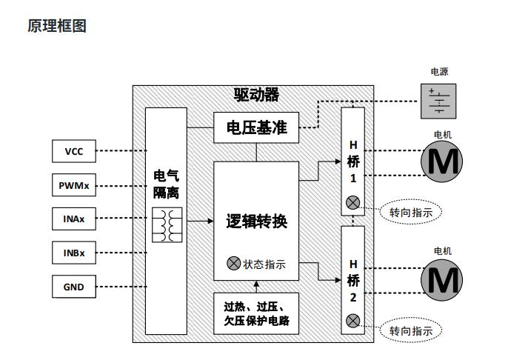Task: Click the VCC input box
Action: (74, 151)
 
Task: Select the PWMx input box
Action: (74, 185)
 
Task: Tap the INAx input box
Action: (74, 219)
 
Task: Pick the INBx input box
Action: (74, 253)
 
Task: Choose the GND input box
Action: (74, 287)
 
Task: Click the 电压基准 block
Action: (256, 127)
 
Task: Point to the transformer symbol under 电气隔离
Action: (167, 225)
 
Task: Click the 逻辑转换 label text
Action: (256, 221)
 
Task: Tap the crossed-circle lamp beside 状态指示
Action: (233, 264)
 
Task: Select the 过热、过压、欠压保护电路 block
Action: (256, 313)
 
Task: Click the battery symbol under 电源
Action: (438, 101)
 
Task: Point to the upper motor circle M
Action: (441, 161)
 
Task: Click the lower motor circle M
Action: (441, 280)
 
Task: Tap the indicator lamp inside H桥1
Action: (352, 203)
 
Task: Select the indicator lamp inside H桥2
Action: (352, 321)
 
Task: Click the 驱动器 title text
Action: (256, 95)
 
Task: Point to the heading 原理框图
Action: (57, 26)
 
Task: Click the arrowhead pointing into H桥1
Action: (338, 161)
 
